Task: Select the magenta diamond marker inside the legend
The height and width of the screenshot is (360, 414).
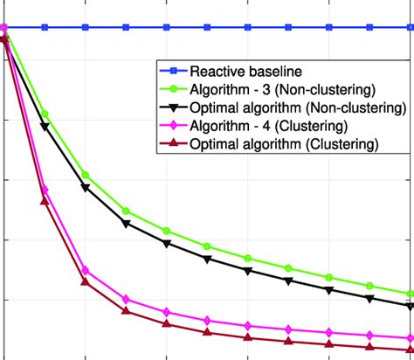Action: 169,126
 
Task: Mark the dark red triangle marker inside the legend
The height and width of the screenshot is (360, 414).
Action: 169,143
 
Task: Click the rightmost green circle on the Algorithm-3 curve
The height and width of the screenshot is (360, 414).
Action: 410,294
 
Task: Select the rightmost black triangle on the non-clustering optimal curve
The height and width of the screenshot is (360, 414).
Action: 410,306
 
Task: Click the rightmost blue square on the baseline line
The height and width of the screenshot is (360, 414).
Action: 410,27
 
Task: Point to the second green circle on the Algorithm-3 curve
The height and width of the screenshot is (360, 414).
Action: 45,114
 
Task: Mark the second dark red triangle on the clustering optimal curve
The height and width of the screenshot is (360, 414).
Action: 45,201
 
